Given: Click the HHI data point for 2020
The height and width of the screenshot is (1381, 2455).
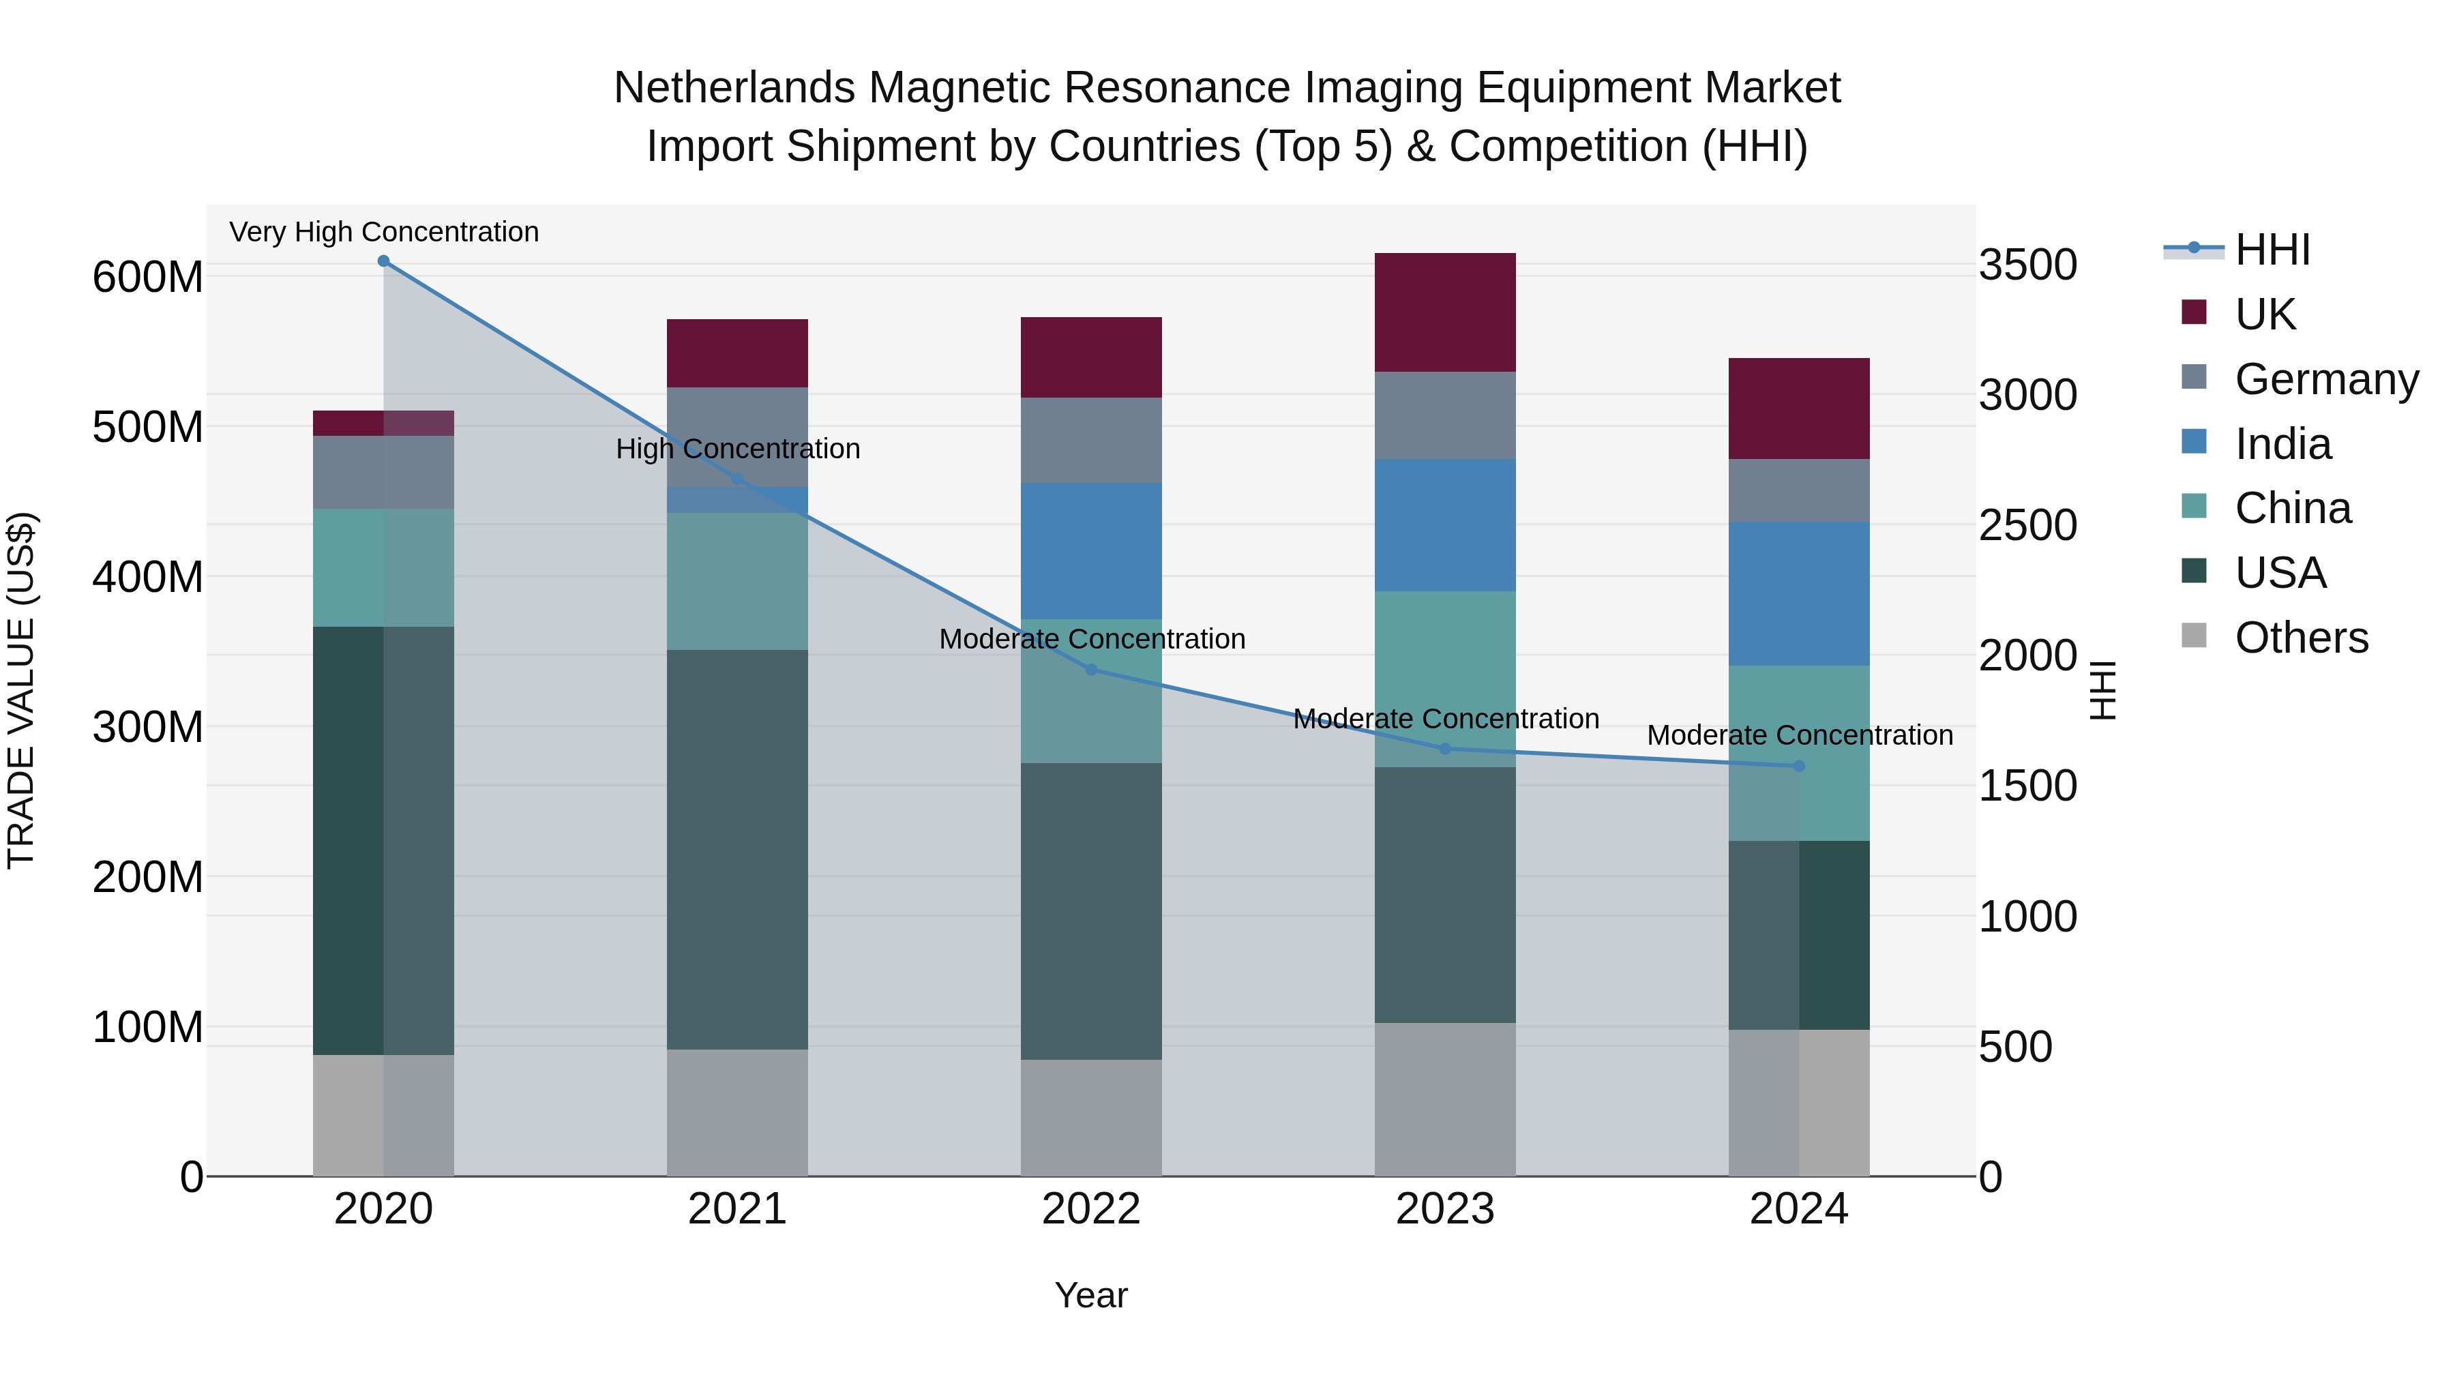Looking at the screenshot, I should click(383, 261).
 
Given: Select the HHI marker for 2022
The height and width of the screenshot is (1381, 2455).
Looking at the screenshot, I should click(1091, 670).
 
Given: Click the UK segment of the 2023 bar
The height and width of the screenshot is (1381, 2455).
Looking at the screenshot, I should click(1445, 312).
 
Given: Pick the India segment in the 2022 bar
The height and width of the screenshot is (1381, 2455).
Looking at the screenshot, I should click(1091, 551).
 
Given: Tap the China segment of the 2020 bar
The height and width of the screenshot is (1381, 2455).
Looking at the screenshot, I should click(383, 567).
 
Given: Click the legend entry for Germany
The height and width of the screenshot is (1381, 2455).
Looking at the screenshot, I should click(2325, 379).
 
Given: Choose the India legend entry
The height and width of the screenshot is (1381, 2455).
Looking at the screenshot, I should click(2282, 444).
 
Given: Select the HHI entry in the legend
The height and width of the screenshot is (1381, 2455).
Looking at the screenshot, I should click(2272, 250).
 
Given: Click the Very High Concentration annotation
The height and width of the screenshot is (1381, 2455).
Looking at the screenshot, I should click(384, 233).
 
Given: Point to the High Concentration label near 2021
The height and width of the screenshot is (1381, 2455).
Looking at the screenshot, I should click(738, 449).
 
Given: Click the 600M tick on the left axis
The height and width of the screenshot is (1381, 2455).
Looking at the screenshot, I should click(148, 278).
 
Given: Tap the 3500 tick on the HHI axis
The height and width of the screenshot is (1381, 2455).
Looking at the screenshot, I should click(2028, 265).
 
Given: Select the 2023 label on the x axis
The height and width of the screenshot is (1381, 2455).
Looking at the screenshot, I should click(1445, 1209).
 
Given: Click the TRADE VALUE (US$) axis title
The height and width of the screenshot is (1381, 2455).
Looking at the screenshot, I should click(21, 690).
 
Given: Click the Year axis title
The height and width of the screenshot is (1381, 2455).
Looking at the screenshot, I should click(1091, 1295).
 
